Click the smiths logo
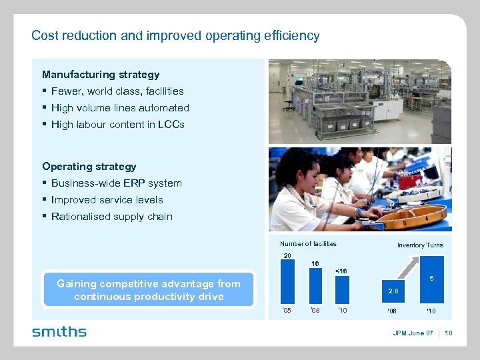tap(59, 331)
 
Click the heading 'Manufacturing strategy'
tap(101, 75)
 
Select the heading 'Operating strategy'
tap(89, 167)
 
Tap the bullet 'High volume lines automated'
tap(120, 108)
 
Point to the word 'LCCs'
tap(173, 125)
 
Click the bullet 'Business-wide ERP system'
tap(116, 183)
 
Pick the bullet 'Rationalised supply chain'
tap(111, 217)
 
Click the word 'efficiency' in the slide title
tap(290, 36)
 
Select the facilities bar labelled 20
tap(287, 283)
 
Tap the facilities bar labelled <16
tap(342, 291)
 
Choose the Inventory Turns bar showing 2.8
tap(394, 291)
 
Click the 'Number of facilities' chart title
tap(308, 244)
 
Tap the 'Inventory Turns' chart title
tap(420, 245)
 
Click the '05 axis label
tap(287, 311)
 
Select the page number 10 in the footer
tap(449, 333)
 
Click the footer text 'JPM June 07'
tap(413, 333)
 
